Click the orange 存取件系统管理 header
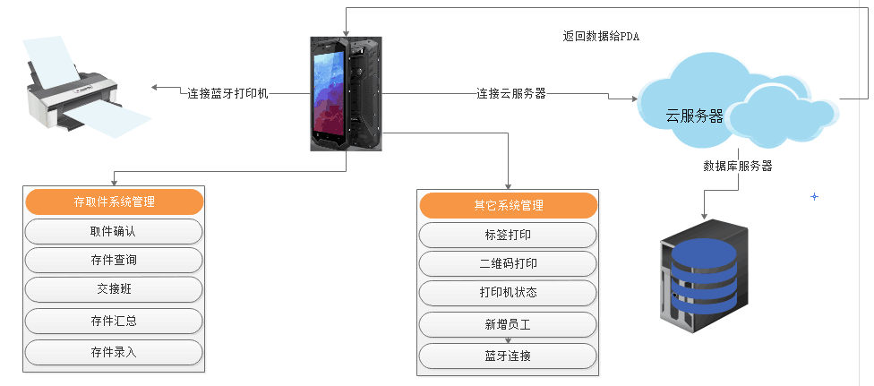click(114, 202)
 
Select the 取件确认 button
click(114, 231)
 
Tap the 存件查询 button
click(114, 260)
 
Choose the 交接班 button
click(114, 289)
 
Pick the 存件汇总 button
click(114, 320)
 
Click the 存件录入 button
click(114, 351)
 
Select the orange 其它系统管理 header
click(508, 205)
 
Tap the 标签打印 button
click(508, 235)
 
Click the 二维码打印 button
click(508, 263)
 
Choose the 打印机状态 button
click(508, 293)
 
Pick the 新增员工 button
click(508, 324)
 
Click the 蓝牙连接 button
click(508, 356)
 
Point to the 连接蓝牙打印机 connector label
click(227, 93)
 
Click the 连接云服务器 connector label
click(510, 93)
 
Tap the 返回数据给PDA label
click(601, 37)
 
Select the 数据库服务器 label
click(738, 166)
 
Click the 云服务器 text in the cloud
click(694, 116)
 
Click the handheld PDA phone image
click(346, 93)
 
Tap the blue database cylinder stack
click(705, 276)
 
